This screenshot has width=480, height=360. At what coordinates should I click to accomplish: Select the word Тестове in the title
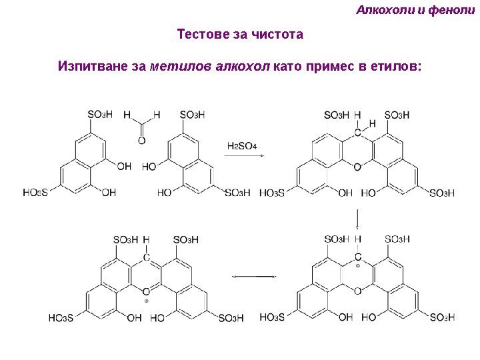(x=202, y=34)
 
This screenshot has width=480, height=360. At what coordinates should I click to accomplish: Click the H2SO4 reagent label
(x=243, y=146)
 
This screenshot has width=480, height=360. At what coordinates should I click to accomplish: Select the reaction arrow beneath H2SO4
(x=244, y=155)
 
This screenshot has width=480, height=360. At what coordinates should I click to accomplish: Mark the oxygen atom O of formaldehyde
(x=141, y=140)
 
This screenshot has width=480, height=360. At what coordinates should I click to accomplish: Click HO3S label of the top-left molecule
(x=35, y=192)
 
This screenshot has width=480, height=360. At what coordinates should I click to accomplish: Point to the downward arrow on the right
(x=359, y=219)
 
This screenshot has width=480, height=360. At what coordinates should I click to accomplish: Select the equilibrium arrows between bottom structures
(x=253, y=276)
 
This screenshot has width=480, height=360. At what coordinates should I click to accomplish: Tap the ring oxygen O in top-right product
(x=357, y=167)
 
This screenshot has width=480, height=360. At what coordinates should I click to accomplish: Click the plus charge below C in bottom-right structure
(x=357, y=265)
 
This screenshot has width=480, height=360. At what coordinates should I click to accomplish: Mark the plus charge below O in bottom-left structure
(x=145, y=301)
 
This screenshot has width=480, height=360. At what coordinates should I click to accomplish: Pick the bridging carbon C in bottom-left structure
(x=146, y=257)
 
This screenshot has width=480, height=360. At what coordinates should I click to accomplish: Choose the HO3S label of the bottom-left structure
(x=61, y=318)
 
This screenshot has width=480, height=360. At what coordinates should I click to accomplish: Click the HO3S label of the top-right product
(x=272, y=193)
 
